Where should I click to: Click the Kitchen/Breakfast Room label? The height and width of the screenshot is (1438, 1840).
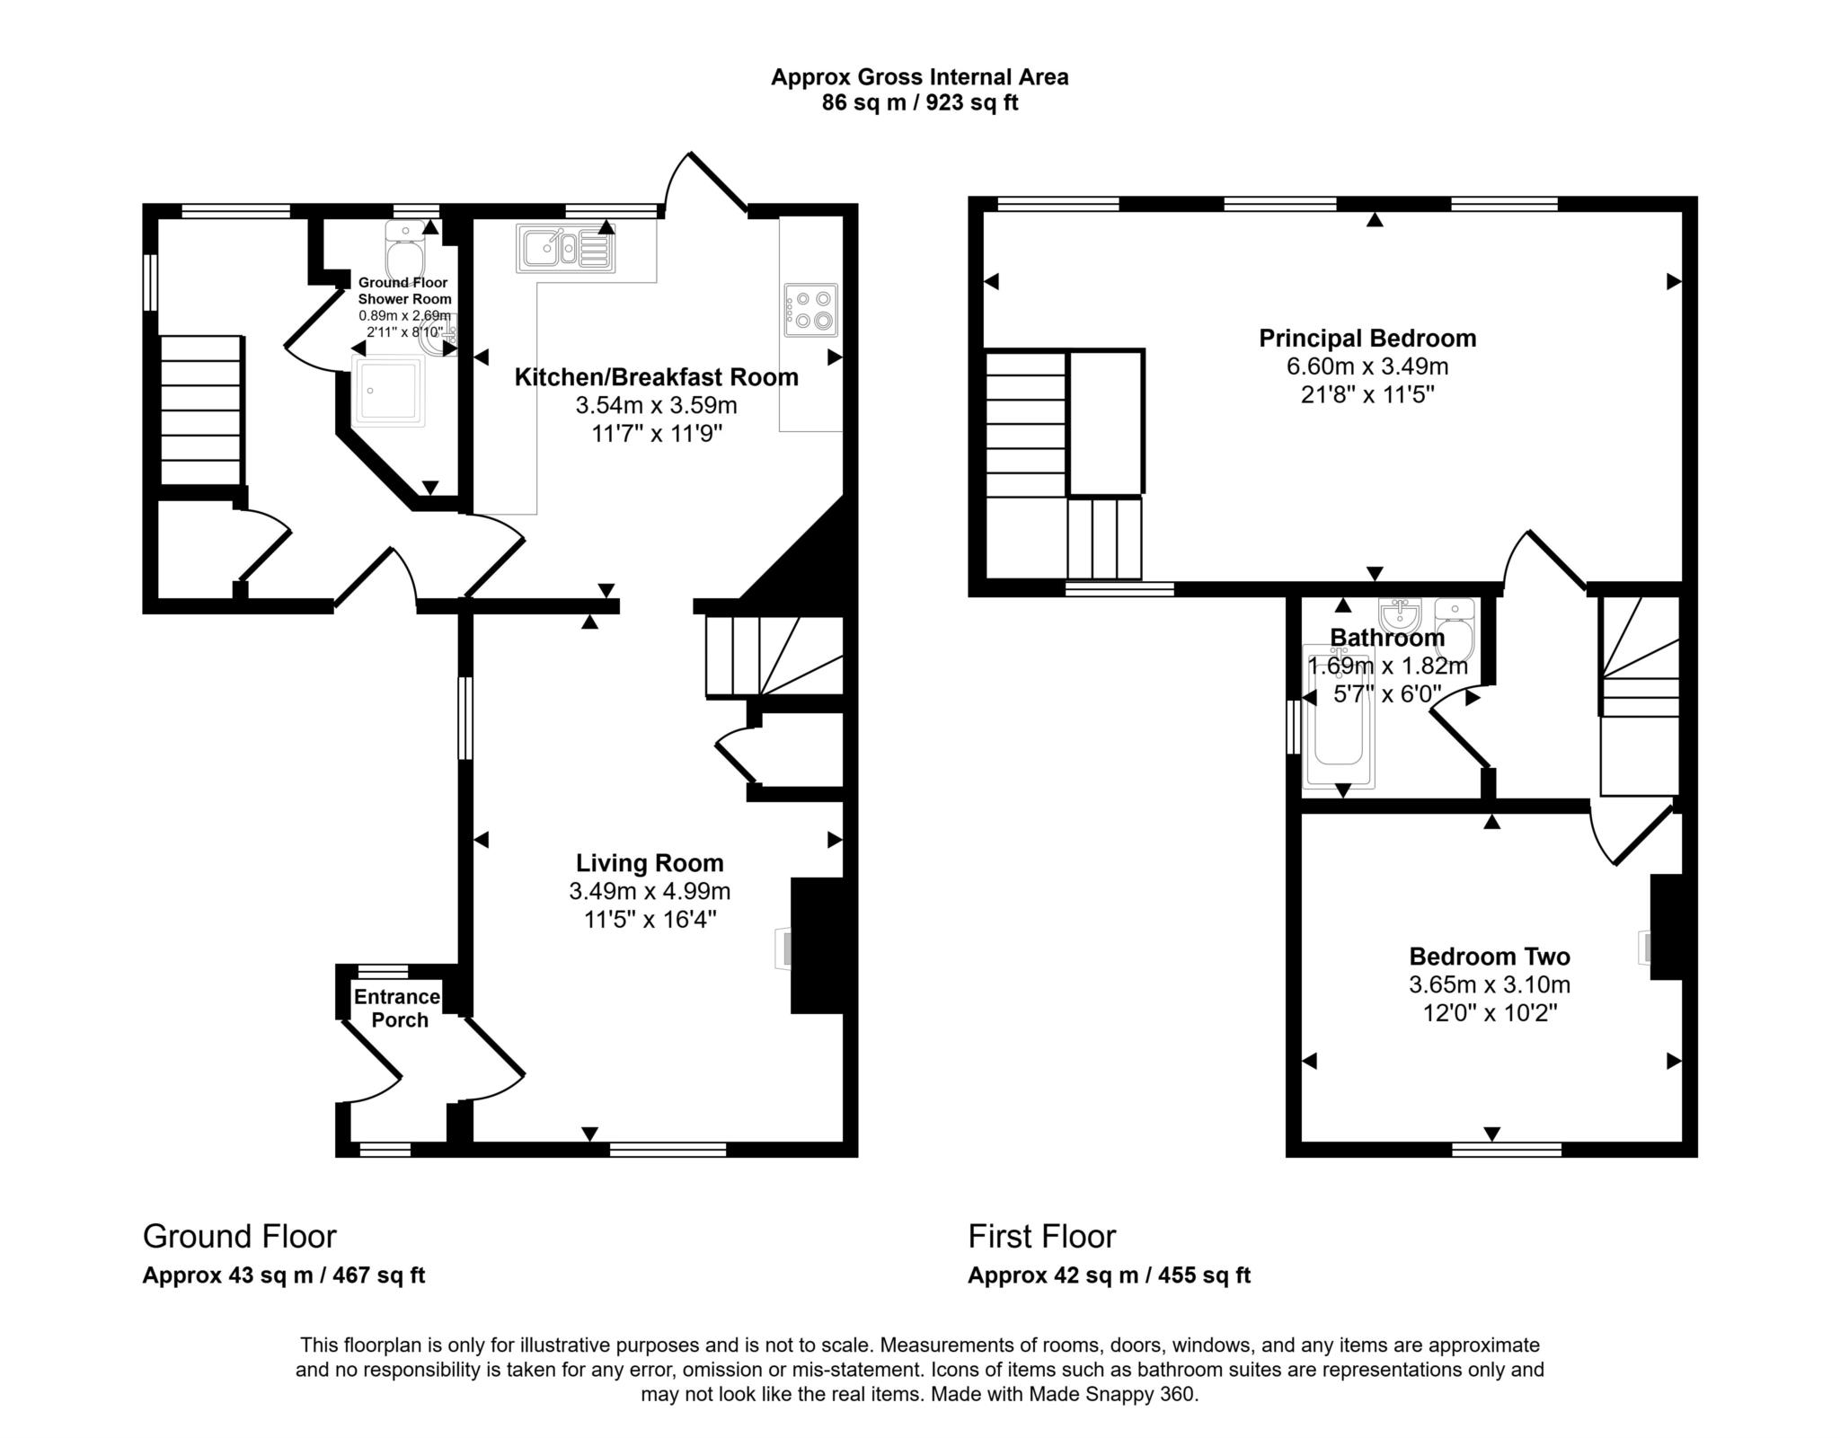(656, 377)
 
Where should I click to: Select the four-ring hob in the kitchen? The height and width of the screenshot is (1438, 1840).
(810, 310)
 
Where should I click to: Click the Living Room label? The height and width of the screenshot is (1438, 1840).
(650, 863)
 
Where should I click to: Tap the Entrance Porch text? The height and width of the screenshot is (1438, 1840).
(397, 1008)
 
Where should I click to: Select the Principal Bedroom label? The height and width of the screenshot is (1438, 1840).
(1367, 339)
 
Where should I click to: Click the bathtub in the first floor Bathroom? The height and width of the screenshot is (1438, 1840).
(1339, 719)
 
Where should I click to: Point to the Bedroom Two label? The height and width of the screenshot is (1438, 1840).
(1489, 957)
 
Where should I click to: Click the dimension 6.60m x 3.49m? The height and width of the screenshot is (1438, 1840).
(1367, 366)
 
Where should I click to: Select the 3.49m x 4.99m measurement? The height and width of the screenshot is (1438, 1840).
(650, 892)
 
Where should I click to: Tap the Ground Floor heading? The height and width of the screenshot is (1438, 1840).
(239, 1237)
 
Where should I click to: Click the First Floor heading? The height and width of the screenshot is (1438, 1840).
(1041, 1237)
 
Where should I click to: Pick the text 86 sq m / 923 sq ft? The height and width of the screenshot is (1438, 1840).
(919, 102)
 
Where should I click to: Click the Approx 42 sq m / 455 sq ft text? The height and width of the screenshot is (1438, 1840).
(1109, 1275)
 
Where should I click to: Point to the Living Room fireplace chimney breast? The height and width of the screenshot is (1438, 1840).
(817, 946)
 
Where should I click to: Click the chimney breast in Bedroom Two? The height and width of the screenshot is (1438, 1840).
(1666, 927)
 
